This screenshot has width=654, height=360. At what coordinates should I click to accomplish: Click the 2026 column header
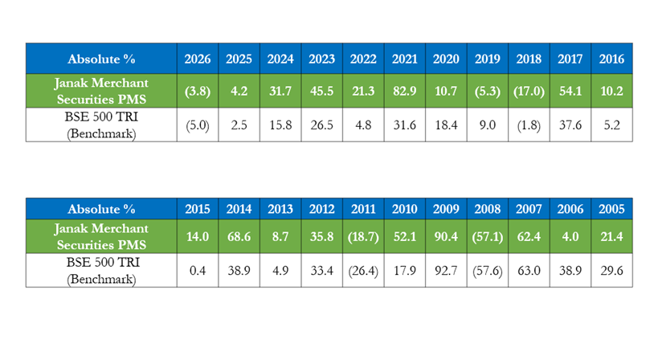[x=198, y=59]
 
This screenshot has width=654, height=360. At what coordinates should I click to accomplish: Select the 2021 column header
[x=405, y=59]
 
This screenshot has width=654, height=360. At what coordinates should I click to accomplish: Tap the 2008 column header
[x=487, y=209]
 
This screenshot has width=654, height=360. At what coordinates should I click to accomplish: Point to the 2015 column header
[x=198, y=209]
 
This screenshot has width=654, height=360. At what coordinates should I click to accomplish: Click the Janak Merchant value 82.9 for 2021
[x=405, y=91]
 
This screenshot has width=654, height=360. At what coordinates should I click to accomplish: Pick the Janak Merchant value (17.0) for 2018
[x=529, y=91]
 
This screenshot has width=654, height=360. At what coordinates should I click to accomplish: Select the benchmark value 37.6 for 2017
[x=570, y=125]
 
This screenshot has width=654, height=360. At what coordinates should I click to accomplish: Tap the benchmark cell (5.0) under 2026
[x=198, y=125]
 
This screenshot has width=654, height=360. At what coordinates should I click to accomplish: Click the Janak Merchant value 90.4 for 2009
[x=446, y=236]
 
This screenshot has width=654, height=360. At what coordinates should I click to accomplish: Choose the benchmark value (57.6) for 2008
[x=487, y=271]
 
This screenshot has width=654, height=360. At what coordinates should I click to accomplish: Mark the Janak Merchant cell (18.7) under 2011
[x=363, y=236]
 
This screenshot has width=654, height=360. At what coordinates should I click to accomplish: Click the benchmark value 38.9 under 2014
[x=239, y=271]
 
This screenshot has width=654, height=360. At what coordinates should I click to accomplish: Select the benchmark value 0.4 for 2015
[x=198, y=271]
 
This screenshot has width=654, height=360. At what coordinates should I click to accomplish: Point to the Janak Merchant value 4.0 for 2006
[x=570, y=236]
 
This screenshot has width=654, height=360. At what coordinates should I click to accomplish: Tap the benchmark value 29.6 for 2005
[x=611, y=271]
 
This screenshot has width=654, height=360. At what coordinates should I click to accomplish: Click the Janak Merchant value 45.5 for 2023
[x=321, y=91]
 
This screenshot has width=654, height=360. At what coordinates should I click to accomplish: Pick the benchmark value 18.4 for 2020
[x=446, y=125]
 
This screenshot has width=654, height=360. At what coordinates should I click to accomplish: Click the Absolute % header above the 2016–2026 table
[x=101, y=59]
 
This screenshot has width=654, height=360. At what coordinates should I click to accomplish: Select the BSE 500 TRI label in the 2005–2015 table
[x=103, y=263]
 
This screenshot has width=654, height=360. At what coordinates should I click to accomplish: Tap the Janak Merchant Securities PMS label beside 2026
[x=101, y=91]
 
